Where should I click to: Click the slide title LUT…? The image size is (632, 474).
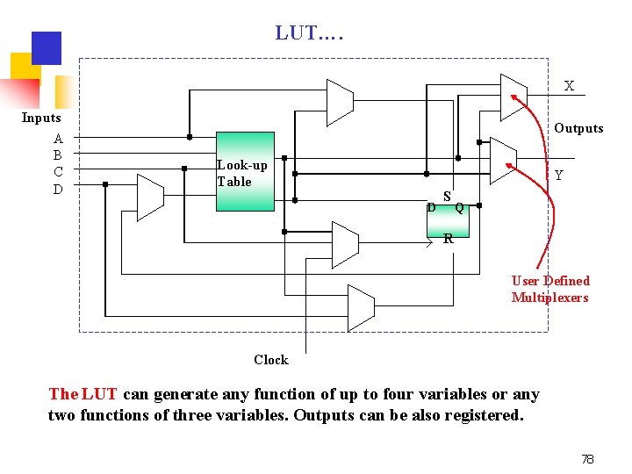pyautogui.click(x=310, y=33)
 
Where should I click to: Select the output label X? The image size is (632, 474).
pyautogui.click(x=569, y=86)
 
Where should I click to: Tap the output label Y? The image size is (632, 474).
pyautogui.click(x=558, y=176)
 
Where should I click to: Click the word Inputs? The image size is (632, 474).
pyautogui.click(x=41, y=118)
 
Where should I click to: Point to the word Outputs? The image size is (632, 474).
pyautogui.click(x=578, y=128)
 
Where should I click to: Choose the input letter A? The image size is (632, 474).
pyautogui.click(x=58, y=139)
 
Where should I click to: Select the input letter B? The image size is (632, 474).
pyautogui.click(x=58, y=155)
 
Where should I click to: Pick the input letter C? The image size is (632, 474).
pyautogui.click(x=58, y=172)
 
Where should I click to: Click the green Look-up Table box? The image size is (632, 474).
pyautogui.click(x=245, y=173)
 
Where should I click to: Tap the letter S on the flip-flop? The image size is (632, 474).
pyautogui.click(x=447, y=197)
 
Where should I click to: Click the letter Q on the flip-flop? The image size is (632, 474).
pyautogui.click(x=459, y=208)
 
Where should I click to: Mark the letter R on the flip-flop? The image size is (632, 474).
pyautogui.click(x=448, y=238)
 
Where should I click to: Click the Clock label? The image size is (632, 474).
pyautogui.click(x=270, y=360)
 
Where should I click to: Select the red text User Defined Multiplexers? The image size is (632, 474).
pyautogui.click(x=550, y=289)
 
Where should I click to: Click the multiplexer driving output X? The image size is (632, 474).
pyautogui.click(x=513, y=96)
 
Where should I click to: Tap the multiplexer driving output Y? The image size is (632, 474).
pyautogui.click(x=502, y=161)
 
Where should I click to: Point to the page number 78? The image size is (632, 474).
pyautogui.click(x=587, y=459)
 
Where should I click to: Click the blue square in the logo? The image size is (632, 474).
pyautogui.click(x=46, y=48)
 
